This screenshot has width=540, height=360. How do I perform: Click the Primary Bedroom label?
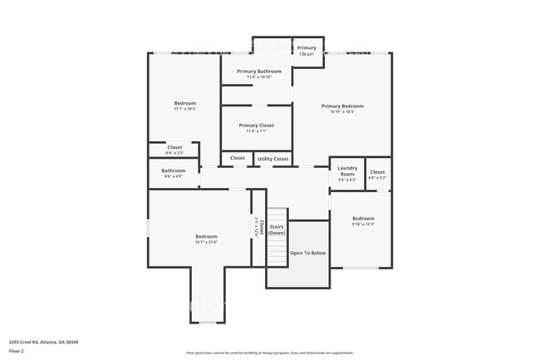pos(342,106)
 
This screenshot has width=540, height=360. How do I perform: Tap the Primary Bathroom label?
pos(258,72)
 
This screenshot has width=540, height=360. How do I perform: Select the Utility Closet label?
pos(272,158)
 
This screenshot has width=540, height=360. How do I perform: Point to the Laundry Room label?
pos(346,170)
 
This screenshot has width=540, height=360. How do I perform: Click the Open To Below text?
pos(307,253)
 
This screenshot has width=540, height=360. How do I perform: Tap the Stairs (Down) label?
pos(277,229)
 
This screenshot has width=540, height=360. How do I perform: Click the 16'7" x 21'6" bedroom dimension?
pos(206,242)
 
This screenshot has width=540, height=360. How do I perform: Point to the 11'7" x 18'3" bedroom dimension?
pos(184,109)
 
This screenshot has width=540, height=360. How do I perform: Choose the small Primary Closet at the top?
pos(307,51)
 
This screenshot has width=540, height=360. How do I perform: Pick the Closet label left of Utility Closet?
pos(238,158)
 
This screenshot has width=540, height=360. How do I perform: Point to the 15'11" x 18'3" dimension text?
pos(342,111)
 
